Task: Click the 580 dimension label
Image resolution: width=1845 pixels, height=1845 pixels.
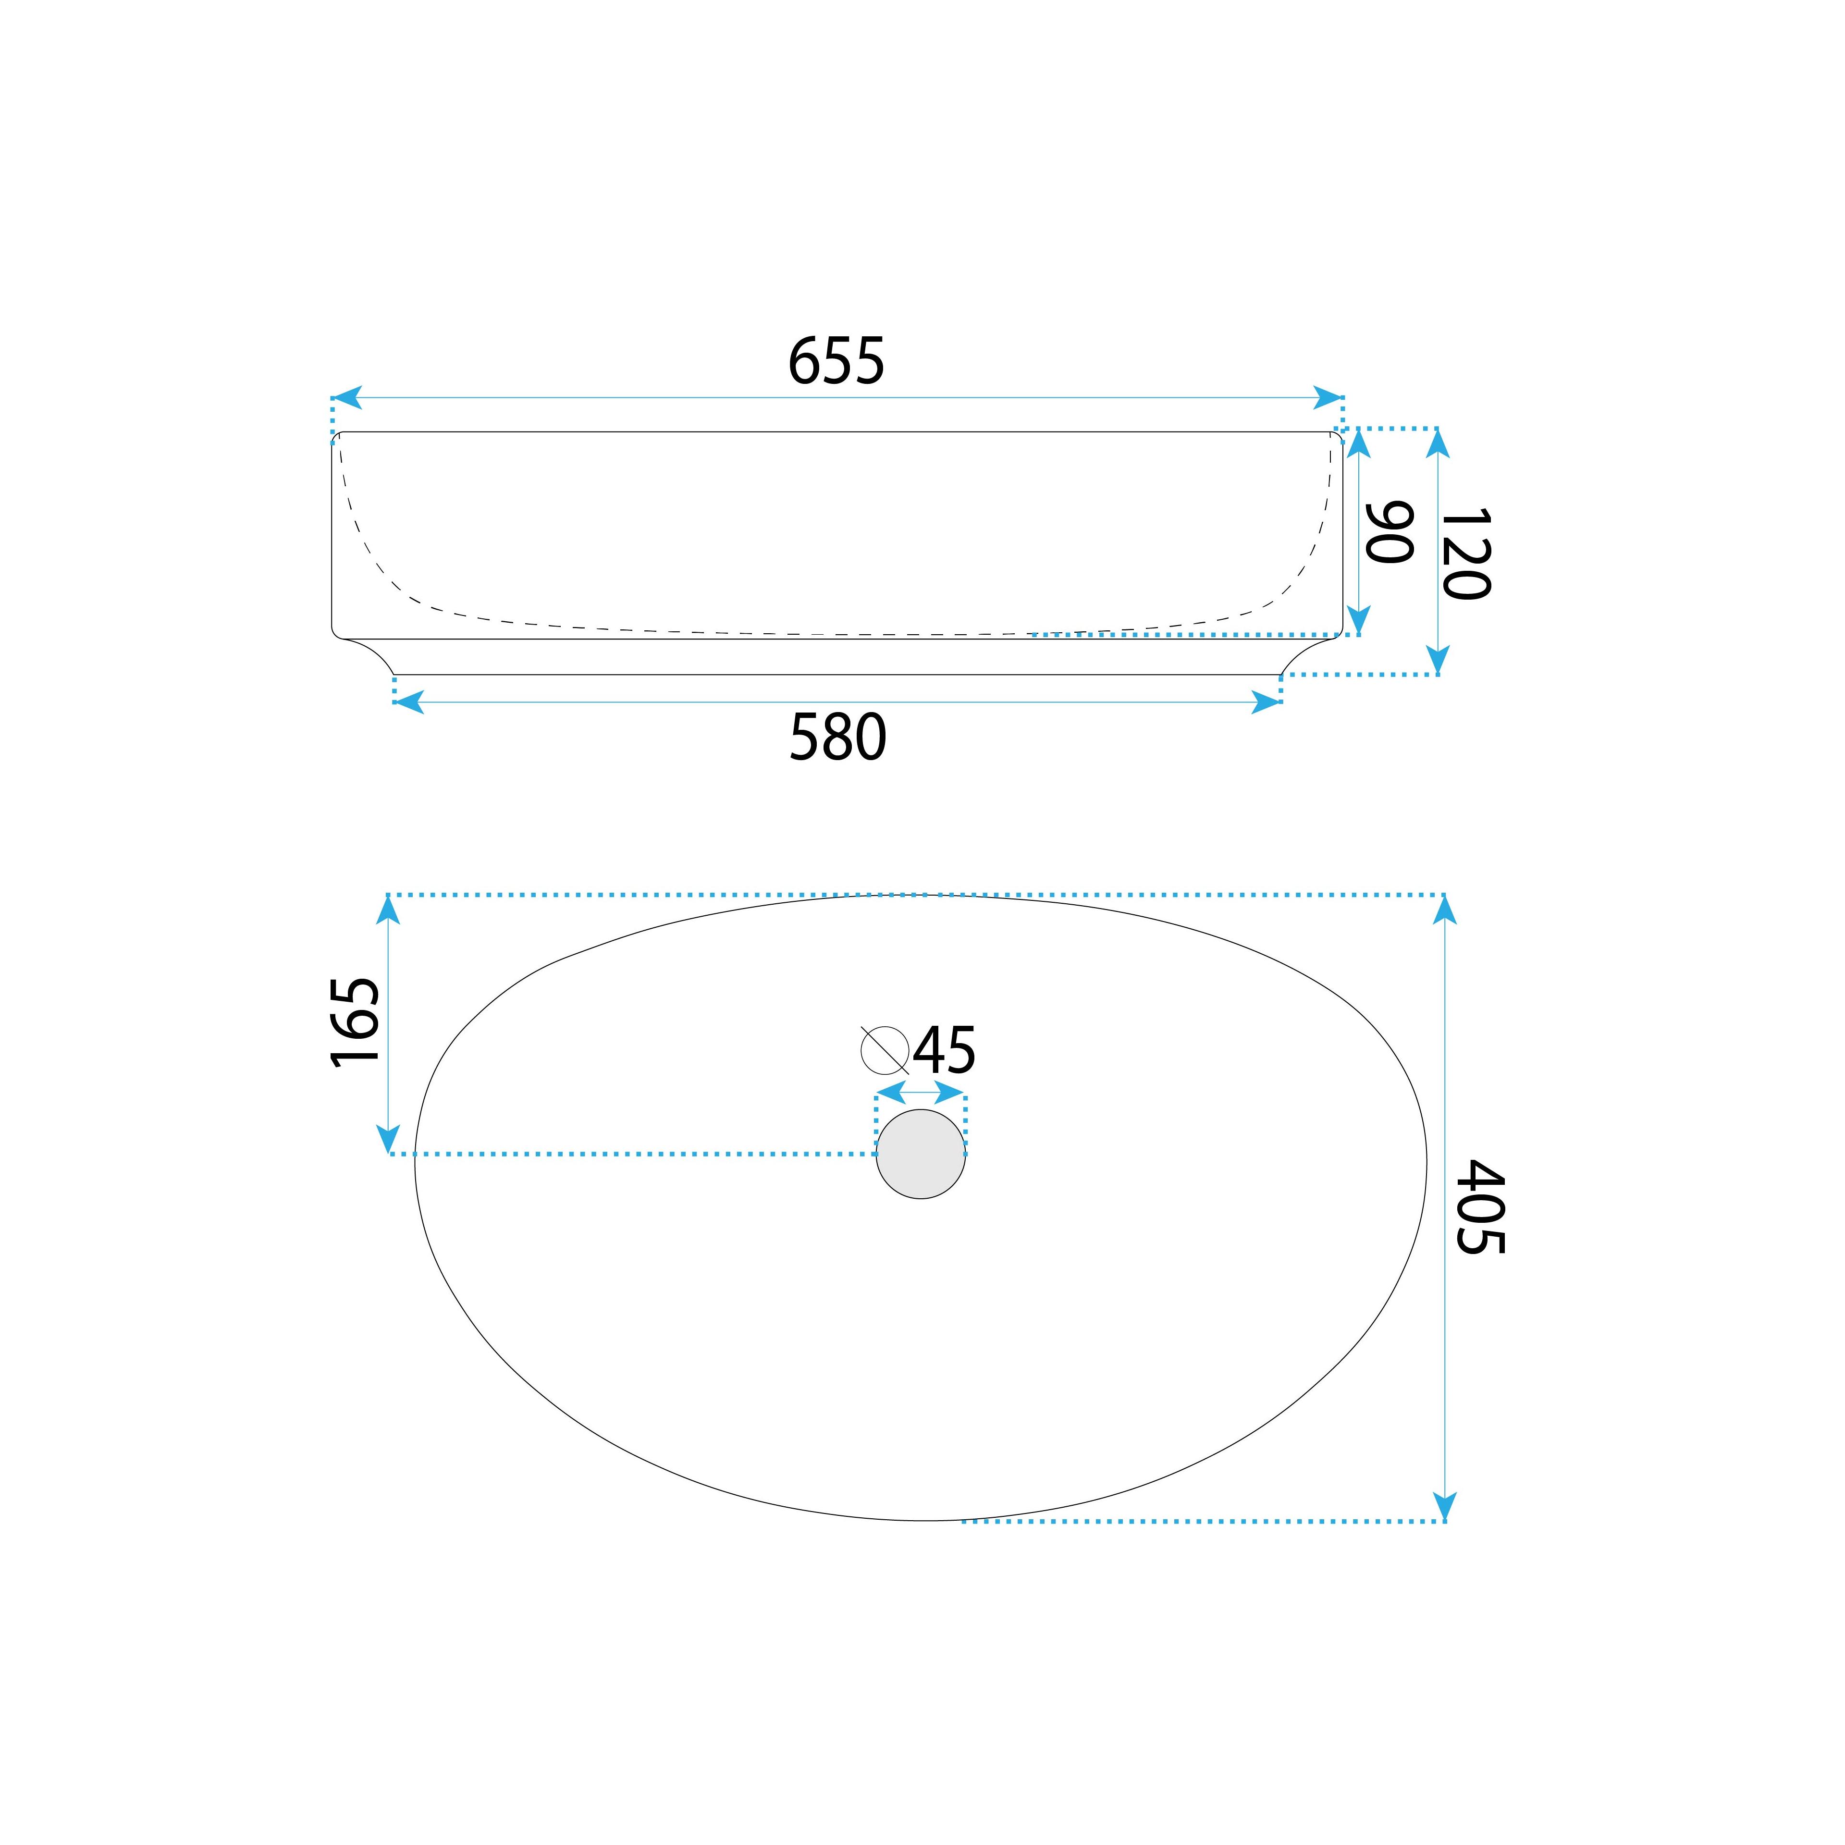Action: pos(837,738)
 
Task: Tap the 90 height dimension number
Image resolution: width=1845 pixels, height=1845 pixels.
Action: pos(1390,532)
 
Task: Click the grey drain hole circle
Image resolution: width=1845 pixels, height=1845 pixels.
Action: pos(921,1154)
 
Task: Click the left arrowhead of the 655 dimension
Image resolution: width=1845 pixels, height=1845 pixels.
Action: pos(346,397)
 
